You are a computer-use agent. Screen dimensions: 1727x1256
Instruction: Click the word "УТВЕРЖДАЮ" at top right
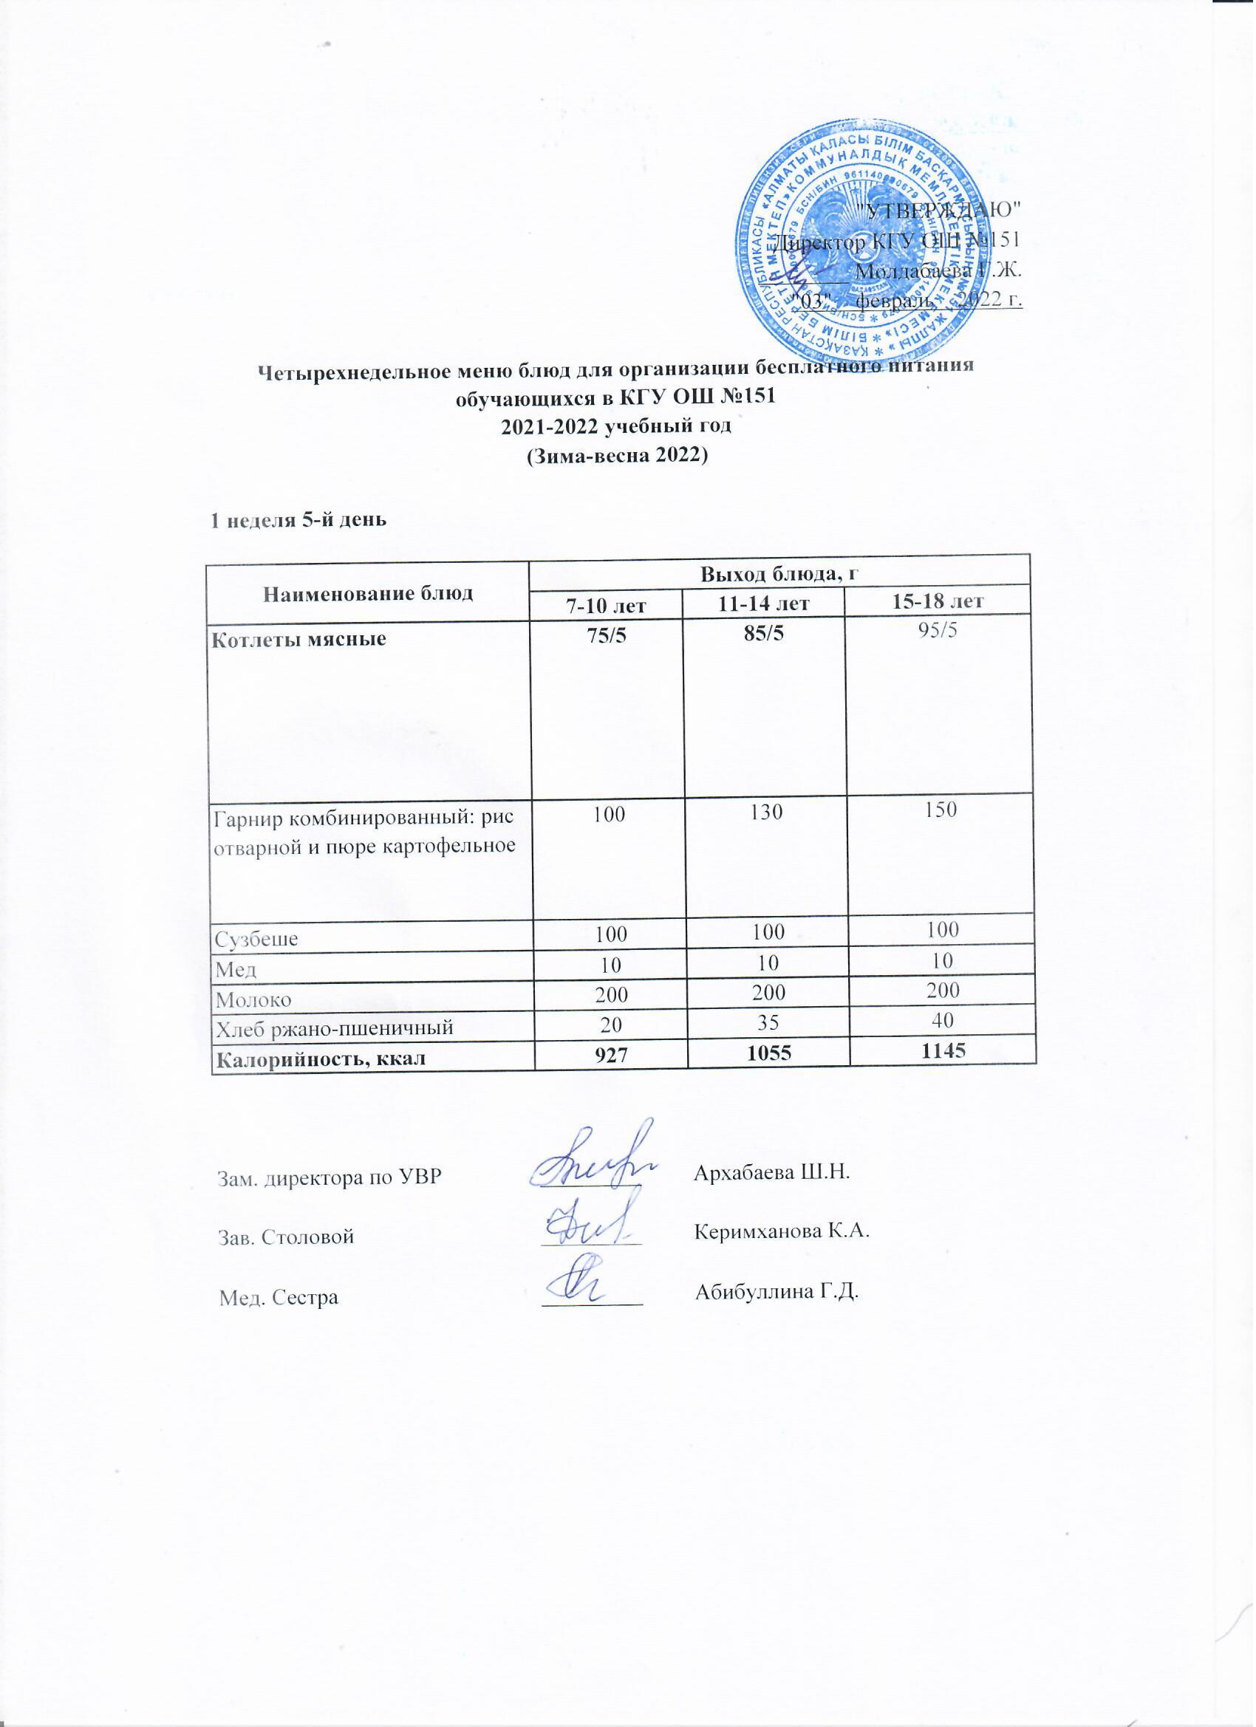coord(938,208)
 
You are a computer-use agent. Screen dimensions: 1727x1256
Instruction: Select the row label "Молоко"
coord(253,997)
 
